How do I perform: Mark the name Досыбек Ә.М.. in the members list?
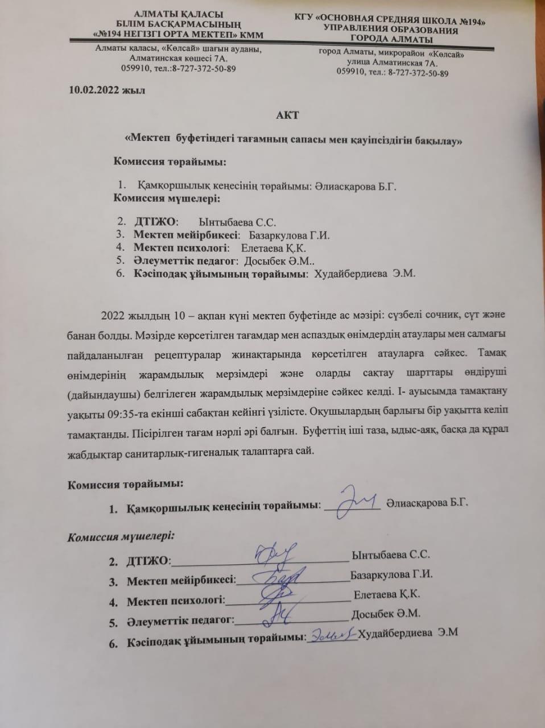[275, 261]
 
